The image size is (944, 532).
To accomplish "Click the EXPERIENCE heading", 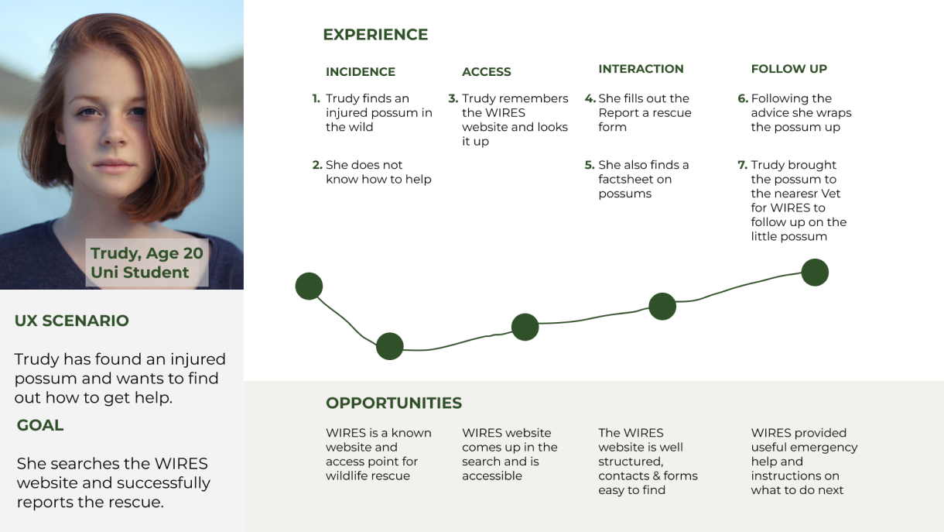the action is (375, 35).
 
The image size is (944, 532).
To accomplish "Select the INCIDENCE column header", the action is (361, 72).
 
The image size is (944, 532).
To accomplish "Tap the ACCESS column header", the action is (487, 72).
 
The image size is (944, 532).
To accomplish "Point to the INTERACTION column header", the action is (641, 69).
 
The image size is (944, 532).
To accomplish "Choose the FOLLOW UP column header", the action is (789, 69).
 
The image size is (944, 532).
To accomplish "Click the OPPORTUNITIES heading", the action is (394, 403).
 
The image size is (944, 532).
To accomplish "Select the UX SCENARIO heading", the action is (72, 321).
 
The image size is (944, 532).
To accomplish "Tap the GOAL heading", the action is (40, 425).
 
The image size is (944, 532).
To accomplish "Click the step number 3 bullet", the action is (453, 98).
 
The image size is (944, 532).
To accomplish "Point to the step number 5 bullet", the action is (590, 165).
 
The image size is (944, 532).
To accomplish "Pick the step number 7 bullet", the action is (743, 165).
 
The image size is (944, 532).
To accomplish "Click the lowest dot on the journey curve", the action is (389, 346).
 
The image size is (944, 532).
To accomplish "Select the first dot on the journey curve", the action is (309, 286).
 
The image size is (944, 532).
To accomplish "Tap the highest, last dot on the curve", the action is (815, 273).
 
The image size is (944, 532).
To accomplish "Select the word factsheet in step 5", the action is (634, 180).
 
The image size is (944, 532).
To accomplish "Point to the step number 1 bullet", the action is (316, 98).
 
